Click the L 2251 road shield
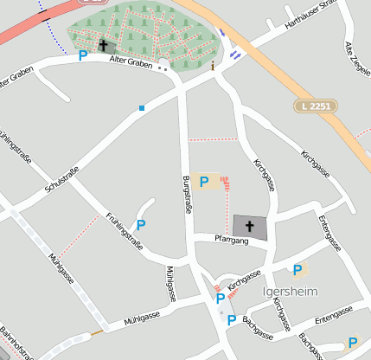click(x=316, y=106)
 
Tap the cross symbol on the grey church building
click(x=250, y=227)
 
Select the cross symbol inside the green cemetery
click(x=105, y=45)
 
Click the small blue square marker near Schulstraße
click(x=141, y=108)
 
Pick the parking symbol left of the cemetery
click(x=83, y=55)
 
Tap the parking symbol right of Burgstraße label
click(x=204, y=182)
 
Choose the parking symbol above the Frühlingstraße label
click(x=141, y=224)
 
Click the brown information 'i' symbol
click(x=212, y=64)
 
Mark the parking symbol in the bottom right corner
click(x=352, y=342)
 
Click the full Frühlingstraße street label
click(x=125, y=231)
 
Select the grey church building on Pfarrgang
click(x=251, y=228)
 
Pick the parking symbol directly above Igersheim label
click(x=297, y=270)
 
